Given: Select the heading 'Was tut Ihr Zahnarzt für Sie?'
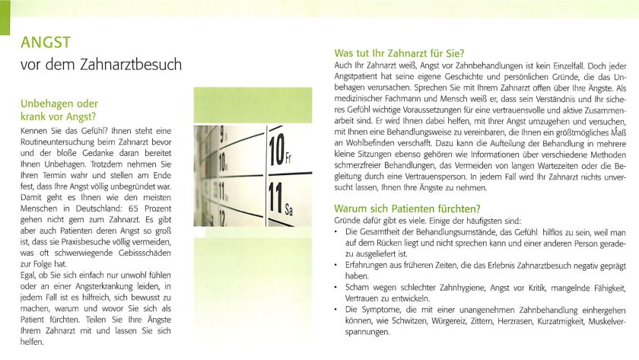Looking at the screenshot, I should tap(399, 53).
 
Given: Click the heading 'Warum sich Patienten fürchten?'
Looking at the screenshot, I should tap(408, 208).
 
